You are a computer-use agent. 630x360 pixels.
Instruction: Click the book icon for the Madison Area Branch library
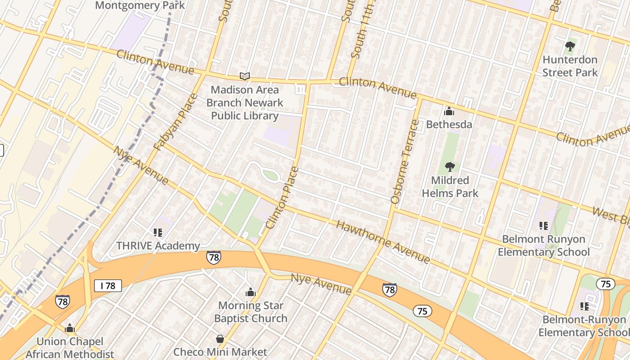point(245,76)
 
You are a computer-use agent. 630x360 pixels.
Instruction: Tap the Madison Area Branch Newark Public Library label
point(245,103)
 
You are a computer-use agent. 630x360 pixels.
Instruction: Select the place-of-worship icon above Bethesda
point(449,111)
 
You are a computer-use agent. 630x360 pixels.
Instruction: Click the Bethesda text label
point(449,124)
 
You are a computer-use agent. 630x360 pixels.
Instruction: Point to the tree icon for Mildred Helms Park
point(450,167)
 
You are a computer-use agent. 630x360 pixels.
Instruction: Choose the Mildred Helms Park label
point(450,187)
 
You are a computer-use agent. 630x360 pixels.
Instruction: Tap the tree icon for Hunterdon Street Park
point(570,46)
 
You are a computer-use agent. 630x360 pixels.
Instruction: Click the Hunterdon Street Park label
point(570,66)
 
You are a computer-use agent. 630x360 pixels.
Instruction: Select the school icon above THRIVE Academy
point(157,233)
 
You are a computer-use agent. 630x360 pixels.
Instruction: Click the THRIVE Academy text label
point(158,246)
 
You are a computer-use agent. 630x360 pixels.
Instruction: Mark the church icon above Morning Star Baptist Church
point(251,292)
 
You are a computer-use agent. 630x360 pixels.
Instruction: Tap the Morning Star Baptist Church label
point(251,312)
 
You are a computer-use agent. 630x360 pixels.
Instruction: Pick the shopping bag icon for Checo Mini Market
point(220,339)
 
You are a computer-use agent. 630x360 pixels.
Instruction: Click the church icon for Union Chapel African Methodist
point(69,328)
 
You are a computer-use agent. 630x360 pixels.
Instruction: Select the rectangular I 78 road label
point(108,285)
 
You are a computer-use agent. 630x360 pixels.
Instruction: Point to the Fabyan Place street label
point(175,121)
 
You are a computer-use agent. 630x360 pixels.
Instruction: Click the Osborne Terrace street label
point(401,162)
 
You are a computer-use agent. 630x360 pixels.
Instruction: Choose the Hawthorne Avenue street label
point(383,242)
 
